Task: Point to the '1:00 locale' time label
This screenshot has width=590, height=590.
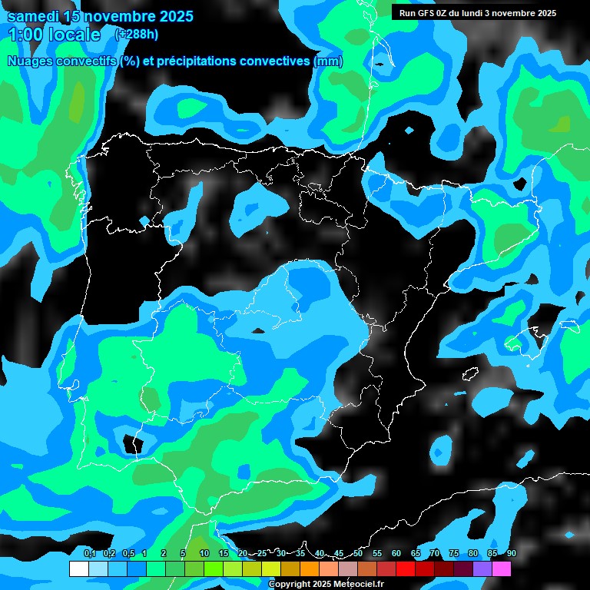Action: click(54, 35)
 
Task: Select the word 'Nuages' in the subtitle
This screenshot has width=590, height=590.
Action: click(31, 61)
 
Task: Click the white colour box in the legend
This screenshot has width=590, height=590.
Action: click(79, 568)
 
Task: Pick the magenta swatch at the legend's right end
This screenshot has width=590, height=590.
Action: click(502, 568)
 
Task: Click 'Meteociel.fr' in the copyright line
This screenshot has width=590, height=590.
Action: click(360, 585)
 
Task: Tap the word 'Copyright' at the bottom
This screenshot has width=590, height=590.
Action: click(290, 585)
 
